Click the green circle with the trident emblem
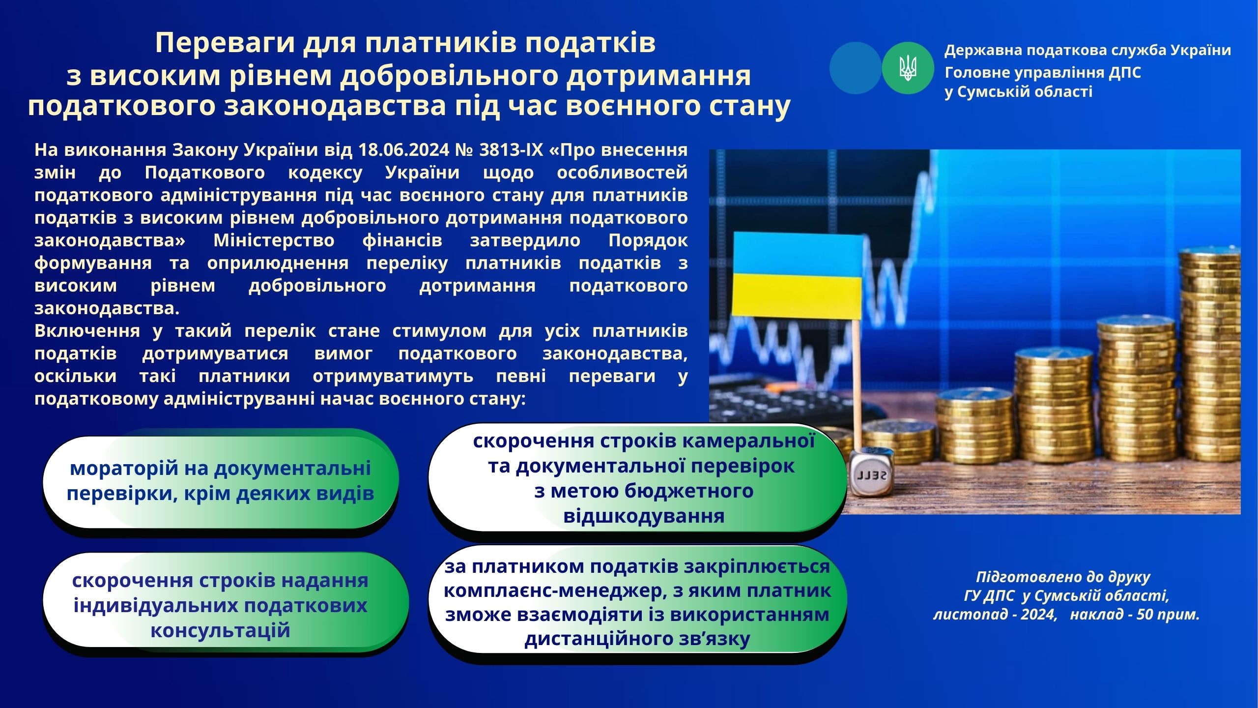click(x=908, y=68)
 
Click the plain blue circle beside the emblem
click(x=856, y=68)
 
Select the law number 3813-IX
click(x=511, y=149)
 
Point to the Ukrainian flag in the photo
click(x=798, y=275)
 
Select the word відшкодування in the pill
click(x=644, y=516)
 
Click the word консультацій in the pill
click(x=221, y=630)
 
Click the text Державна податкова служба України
click(x=1088, y=50)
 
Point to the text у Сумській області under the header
click(x=1019, y=91)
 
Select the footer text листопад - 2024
click(x=995, y=615)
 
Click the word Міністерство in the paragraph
click(x=274, y=241)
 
